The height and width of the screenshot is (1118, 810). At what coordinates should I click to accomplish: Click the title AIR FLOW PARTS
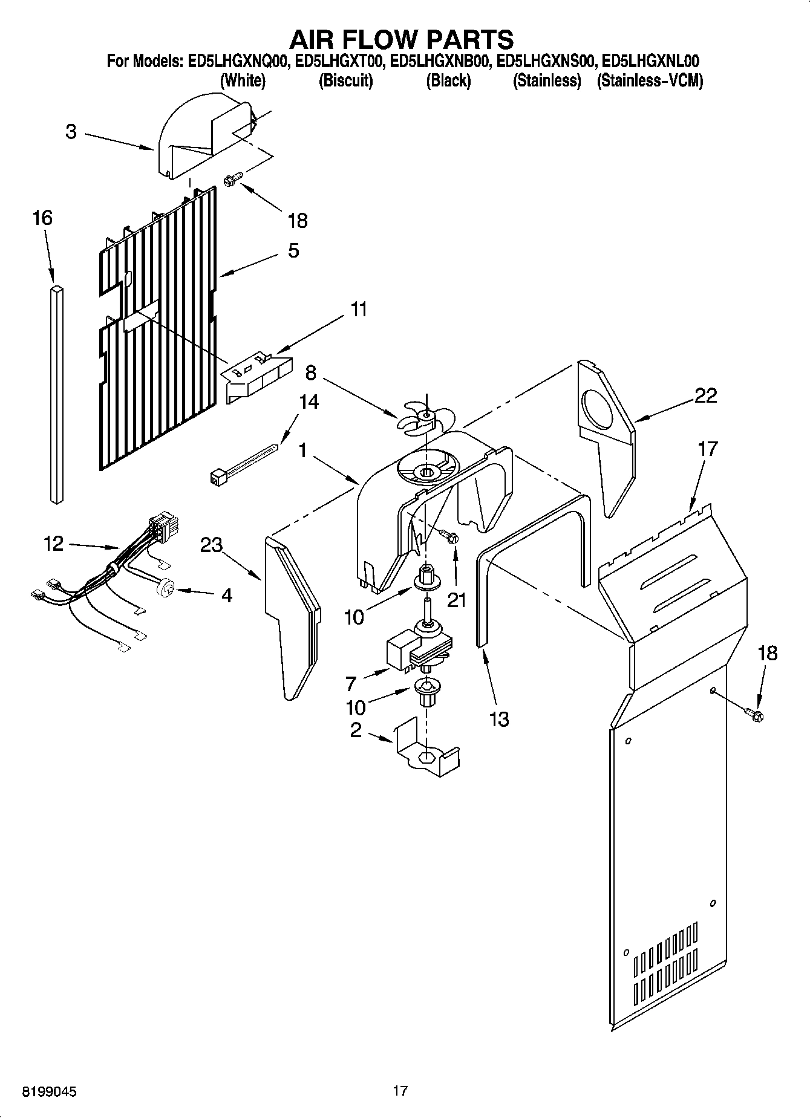[402, 39]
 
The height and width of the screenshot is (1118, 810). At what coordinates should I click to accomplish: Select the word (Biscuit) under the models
[345, 80]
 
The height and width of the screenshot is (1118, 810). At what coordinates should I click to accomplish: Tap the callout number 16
[42, 218]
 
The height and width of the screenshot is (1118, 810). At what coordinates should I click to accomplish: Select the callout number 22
[705, 395]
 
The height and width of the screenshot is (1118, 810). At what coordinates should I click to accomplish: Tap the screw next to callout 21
[449, 536]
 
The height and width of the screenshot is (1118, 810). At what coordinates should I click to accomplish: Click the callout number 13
[499, 719]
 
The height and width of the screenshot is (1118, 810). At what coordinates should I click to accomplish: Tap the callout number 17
[708, 449]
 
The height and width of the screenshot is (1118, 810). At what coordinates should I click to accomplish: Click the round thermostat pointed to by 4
[165, 587]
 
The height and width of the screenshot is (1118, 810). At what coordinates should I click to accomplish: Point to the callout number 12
[53, 544]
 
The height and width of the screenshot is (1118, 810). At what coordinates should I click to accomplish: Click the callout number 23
[212, 545]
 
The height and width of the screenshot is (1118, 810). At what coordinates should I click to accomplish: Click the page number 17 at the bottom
[400, 1091]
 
